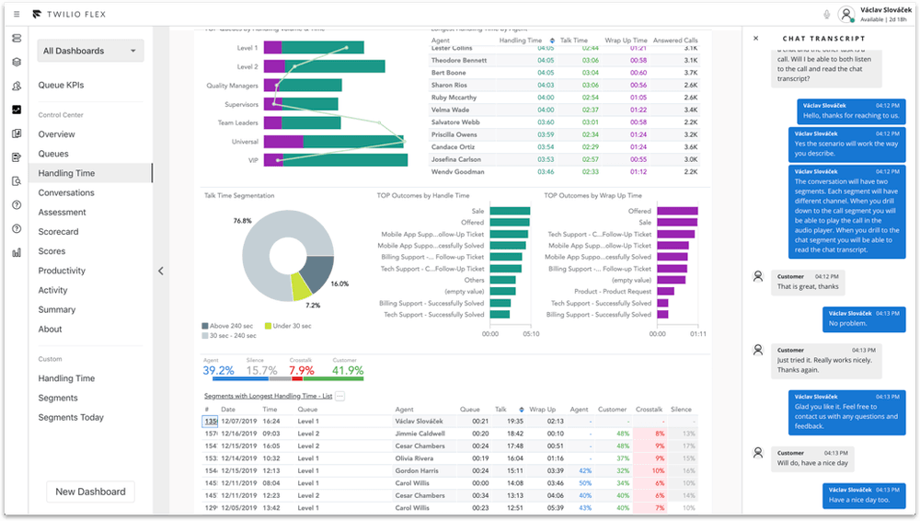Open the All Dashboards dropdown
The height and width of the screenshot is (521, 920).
(x=90, y=52)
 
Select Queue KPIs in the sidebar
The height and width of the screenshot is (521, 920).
(x=61, y=86)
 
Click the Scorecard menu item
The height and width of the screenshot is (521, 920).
(x=58, y=232)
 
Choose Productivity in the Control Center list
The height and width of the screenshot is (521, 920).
(x=62, y=271)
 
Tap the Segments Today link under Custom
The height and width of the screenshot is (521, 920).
(x=71, y=418)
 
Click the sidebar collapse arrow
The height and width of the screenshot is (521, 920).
(x=161, y=271)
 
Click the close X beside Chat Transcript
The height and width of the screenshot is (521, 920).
(x=756, y=39)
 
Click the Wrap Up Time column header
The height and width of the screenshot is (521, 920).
(x=626, y=41)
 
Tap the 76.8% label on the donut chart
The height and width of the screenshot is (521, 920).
(x=242, y=221)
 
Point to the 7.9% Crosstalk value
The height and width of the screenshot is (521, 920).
(x=302, y=371)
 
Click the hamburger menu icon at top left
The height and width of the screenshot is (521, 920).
(x=17, y=14)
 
